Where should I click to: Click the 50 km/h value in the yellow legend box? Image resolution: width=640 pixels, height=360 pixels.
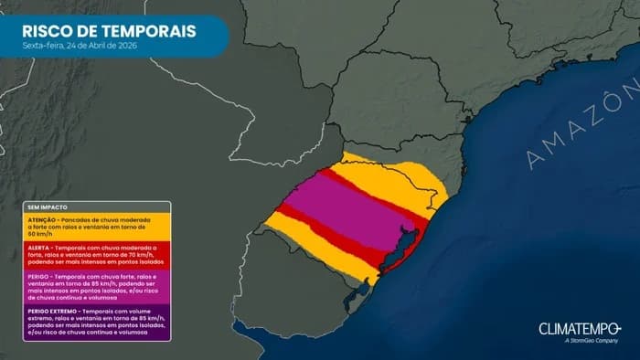point(38,236)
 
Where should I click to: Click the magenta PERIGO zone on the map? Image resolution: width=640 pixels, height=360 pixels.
point(347,206)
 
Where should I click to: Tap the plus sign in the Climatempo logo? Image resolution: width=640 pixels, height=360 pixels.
point(618,326)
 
